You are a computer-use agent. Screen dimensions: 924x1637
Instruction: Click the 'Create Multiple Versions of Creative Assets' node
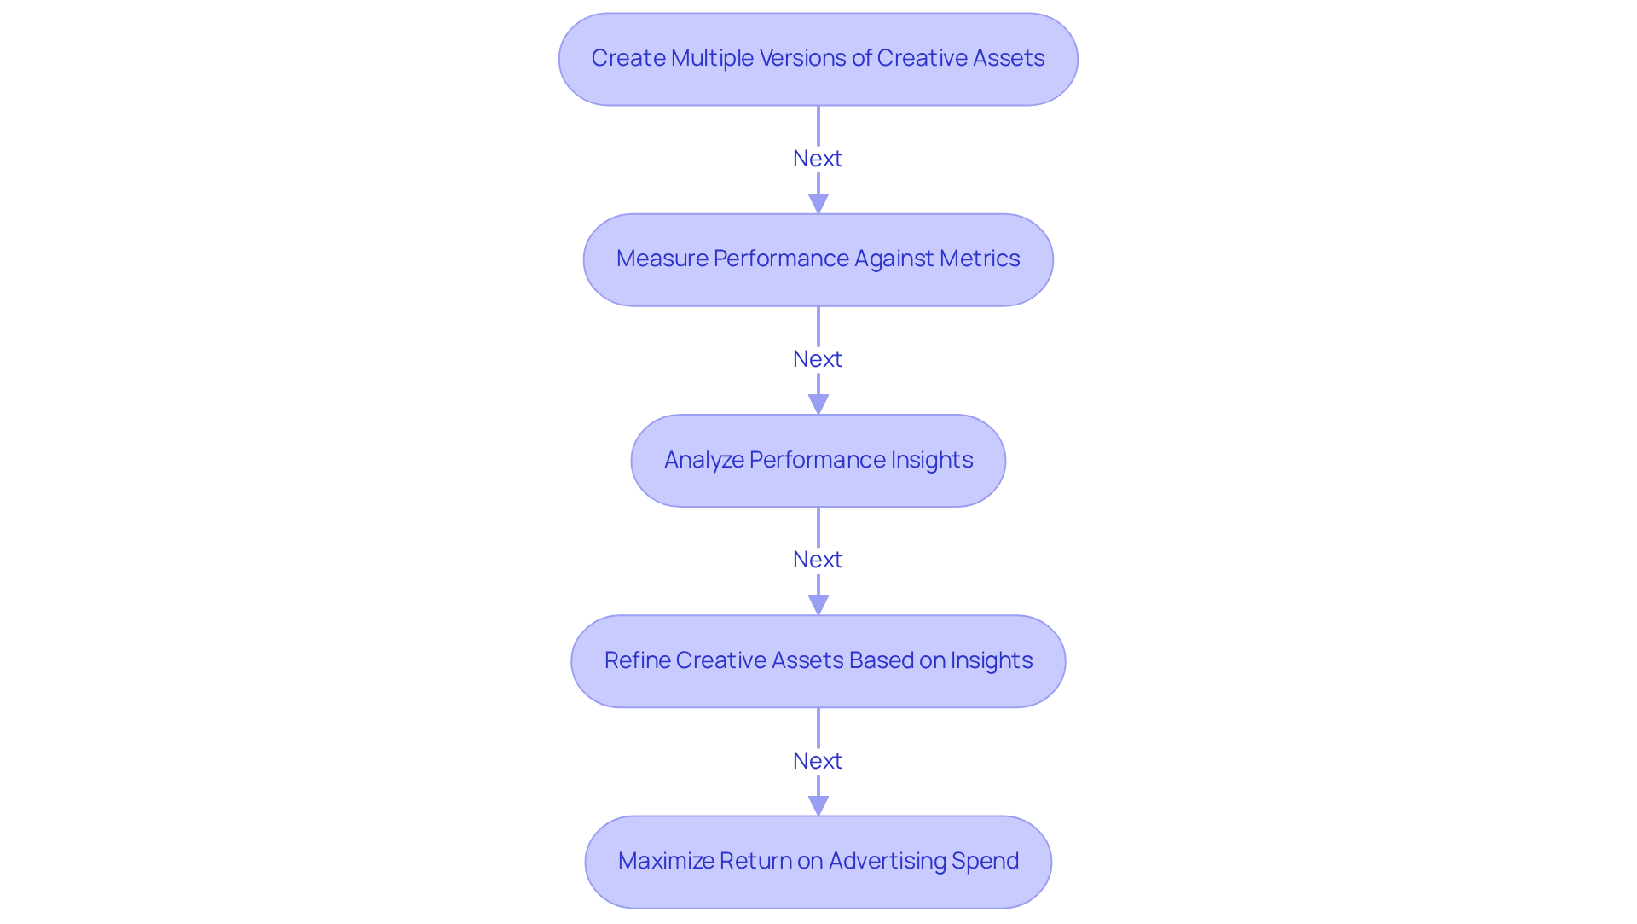click(x=818, y=59)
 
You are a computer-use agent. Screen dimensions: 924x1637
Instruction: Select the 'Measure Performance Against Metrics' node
click(x=818, y=259)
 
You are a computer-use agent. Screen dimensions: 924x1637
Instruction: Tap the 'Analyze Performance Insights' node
click(x=818, y=461)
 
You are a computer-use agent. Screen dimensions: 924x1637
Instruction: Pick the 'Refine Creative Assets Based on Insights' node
click(x=818, y=661)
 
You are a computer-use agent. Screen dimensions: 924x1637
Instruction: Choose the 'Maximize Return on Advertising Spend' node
click(x=818, y=862)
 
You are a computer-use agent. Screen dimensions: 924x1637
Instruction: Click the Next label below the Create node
click(x=818, y=159)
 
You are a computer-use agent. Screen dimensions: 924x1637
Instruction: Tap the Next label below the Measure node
click(x=818, y=359)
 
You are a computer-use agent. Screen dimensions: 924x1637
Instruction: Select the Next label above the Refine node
click(x=818, y=560)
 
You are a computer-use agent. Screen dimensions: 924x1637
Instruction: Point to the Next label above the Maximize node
click(x=818, y=761)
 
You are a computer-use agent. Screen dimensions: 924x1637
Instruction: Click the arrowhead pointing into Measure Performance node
click(x=818, y=204)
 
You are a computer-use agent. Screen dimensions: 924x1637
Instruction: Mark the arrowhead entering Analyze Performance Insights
click(x=818, y=404)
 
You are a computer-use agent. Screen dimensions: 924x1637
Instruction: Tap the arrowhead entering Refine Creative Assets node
click(x=818, y=605)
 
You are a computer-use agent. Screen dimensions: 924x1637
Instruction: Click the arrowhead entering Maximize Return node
click(x=818, y=805)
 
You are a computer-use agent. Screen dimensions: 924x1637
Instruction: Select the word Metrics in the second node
click(x=980, y=259)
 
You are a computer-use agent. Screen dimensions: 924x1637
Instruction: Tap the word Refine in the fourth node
click(x=637, y=660)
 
